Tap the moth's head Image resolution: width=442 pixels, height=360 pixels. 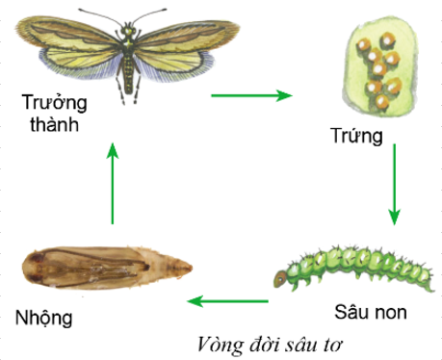(x=128, y=31)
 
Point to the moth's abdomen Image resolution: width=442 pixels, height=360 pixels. (x=128, y=73)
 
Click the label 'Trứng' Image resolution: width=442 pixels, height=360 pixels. (x=356, y=136)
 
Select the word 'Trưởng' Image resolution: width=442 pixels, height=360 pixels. (x=54, y=103)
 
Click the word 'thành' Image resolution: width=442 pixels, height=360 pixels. (x=54, y=124)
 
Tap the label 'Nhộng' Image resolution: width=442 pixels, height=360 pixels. (x=43, y=318)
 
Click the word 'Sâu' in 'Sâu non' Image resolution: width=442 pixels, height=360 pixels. (x=352, y=311)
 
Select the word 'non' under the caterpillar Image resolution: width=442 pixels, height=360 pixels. (x=391, y=313)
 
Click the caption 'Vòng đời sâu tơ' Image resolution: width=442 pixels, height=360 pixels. (x=270, y=345)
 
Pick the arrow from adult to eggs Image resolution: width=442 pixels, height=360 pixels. (x=251, y=95)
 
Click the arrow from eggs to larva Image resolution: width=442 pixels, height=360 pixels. (x=394, y=185)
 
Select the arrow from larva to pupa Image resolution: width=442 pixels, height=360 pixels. (x=227, y=301)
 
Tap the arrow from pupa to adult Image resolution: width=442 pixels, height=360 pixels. (x=113, y=183)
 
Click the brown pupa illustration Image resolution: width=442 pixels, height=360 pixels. (x=107, y=268)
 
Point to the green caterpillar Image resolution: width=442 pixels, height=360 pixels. (x=354, y=269)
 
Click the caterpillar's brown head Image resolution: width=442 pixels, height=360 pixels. (x=280, y=278)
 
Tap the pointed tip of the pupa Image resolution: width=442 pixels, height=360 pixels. (x=191, y=268)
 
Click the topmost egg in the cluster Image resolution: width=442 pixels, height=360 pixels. (x=388, y=40)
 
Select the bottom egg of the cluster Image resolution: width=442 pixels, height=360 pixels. (x=381, y=102)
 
